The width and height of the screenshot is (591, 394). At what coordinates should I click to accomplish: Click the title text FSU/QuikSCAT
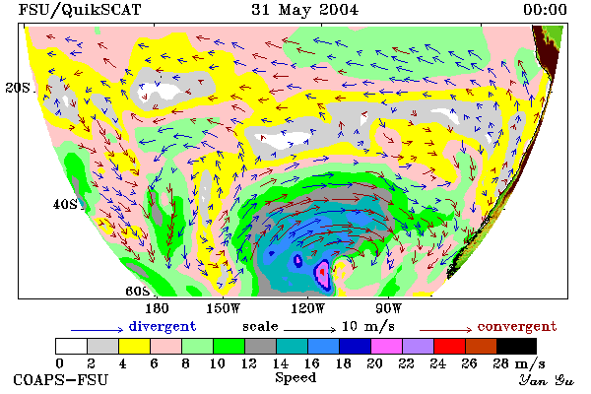click(x=80, y=10)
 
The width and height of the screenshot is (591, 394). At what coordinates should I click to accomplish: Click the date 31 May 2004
click(x=305, y=10)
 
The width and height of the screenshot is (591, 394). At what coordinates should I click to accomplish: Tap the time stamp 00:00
click(x=545, y=10)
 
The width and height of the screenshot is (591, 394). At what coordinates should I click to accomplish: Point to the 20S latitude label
click(x=18, y=88)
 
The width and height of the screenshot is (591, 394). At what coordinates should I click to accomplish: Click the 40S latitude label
click(x=65, y=204)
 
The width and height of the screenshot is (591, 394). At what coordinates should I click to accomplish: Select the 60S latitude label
click(x=138, y=292)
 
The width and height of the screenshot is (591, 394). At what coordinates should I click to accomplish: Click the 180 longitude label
click(x=157, y=308)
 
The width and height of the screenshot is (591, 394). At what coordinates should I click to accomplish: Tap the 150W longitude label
click(x=224, y=308)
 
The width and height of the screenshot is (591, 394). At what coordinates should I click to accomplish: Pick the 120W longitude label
click(x=307, y=308)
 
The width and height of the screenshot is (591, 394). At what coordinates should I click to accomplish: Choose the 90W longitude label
click(x=388, y=308)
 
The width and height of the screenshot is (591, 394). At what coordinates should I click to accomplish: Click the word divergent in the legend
click(x=163, y=326)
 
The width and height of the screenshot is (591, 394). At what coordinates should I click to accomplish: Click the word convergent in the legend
click(x=517, y=326)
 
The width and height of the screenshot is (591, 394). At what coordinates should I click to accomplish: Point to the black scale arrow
click(x=309, y=330)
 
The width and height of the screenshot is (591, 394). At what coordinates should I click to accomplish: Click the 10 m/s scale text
click(x=368, y=326)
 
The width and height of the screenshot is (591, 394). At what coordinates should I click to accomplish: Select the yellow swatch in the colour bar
click(x=135, y=346)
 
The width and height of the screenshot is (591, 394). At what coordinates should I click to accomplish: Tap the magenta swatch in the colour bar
click(x=387, y=346)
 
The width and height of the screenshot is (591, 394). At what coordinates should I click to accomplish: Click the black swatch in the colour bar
click(x=516, y=346)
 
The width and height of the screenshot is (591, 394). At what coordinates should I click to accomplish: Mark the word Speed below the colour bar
click(x=295, y=378)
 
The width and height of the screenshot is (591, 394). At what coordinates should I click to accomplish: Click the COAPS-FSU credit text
click(x=61, y=379)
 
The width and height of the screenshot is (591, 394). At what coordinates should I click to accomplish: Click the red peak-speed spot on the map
click(x=322, y=271)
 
